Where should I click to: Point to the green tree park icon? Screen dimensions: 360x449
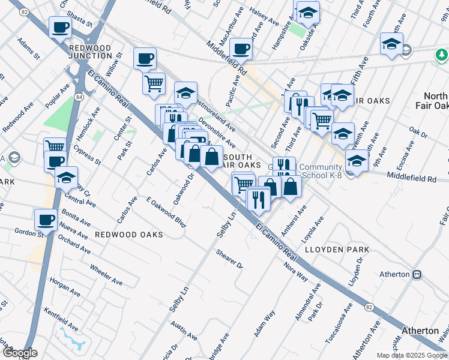(x=441, y=56)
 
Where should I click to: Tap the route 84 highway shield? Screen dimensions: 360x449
(x=79, y=96)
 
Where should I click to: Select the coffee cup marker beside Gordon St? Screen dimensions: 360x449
(x=46, y=219)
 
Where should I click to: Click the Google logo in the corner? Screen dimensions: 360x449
(x=19, y=353)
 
